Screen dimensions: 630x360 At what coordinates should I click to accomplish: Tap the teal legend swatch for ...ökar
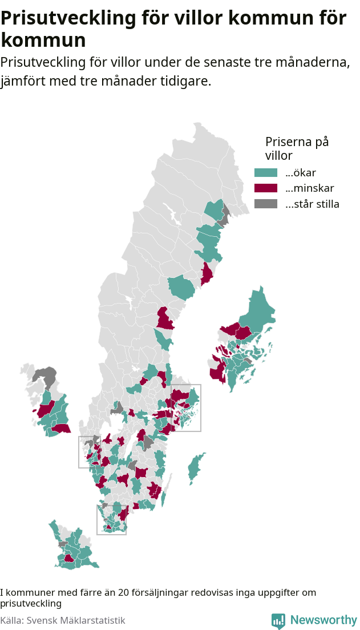click(x=265, y=172)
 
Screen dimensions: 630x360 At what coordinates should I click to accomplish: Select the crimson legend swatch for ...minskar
click(x=265, y=188)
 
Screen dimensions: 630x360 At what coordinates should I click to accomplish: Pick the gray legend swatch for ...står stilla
click(x=265, y=204)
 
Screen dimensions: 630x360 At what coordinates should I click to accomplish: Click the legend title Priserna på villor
click(x=297, y=148)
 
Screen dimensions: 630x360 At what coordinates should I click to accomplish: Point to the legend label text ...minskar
click(x=309, y=188)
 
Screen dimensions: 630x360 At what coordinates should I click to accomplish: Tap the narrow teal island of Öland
click(x=164, y=498)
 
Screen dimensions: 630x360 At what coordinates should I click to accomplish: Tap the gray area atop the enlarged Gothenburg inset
click(x=45, y=377)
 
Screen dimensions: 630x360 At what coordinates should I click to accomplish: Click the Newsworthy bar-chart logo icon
click(x=278, y=620)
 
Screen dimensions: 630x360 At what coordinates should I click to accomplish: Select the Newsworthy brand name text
click(x=323, y=620)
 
